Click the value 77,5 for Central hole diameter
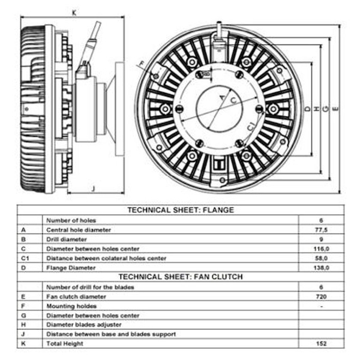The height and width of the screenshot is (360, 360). pyautogui.click(x=321, y=230)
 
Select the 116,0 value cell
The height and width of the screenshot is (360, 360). pyautogui.click(x=321, y=248)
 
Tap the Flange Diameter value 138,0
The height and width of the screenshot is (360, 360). pyautogui.click(x=321, y=268)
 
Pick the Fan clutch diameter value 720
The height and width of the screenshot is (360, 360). pyautogui.click(x=321, y=296)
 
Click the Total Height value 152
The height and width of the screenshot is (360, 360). pyautogui.click(x=321, y=343)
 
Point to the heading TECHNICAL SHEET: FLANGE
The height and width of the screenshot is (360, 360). pyautogui.click(x=181, y=210)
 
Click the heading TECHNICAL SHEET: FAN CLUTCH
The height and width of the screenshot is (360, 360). pyautogui.click(x=181, y=277)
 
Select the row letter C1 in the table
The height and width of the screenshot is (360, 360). pyautogui.click(x=25, y=258)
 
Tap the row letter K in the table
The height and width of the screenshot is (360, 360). pyautogui.click(x=23, y=343)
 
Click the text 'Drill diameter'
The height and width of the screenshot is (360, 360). pyautogui.click(x=67, y=239)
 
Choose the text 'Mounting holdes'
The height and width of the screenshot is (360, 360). pyautogui.click(x=71, y=306)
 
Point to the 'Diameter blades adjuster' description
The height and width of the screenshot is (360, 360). pyautogui.click(x=84, y=325)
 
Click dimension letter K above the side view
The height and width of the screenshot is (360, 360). pyautogui.click(x=74, y=13)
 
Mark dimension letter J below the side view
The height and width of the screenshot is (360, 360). pyautogui.click(x=93, y=189)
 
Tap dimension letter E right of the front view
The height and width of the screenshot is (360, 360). pyautogui.click(x=335, y=109)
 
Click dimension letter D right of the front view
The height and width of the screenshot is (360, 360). pyautogui.click(x=308, y=109)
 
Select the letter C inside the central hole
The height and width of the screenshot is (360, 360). pyautogui.click(x=233, y=101)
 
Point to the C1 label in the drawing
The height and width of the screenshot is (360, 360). pyautogui.click(x=251, y=126)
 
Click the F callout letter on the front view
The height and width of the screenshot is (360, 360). pyautogui.click(x=142, y=63)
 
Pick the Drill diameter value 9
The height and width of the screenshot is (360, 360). pyautogui.click(x=321, y=239)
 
